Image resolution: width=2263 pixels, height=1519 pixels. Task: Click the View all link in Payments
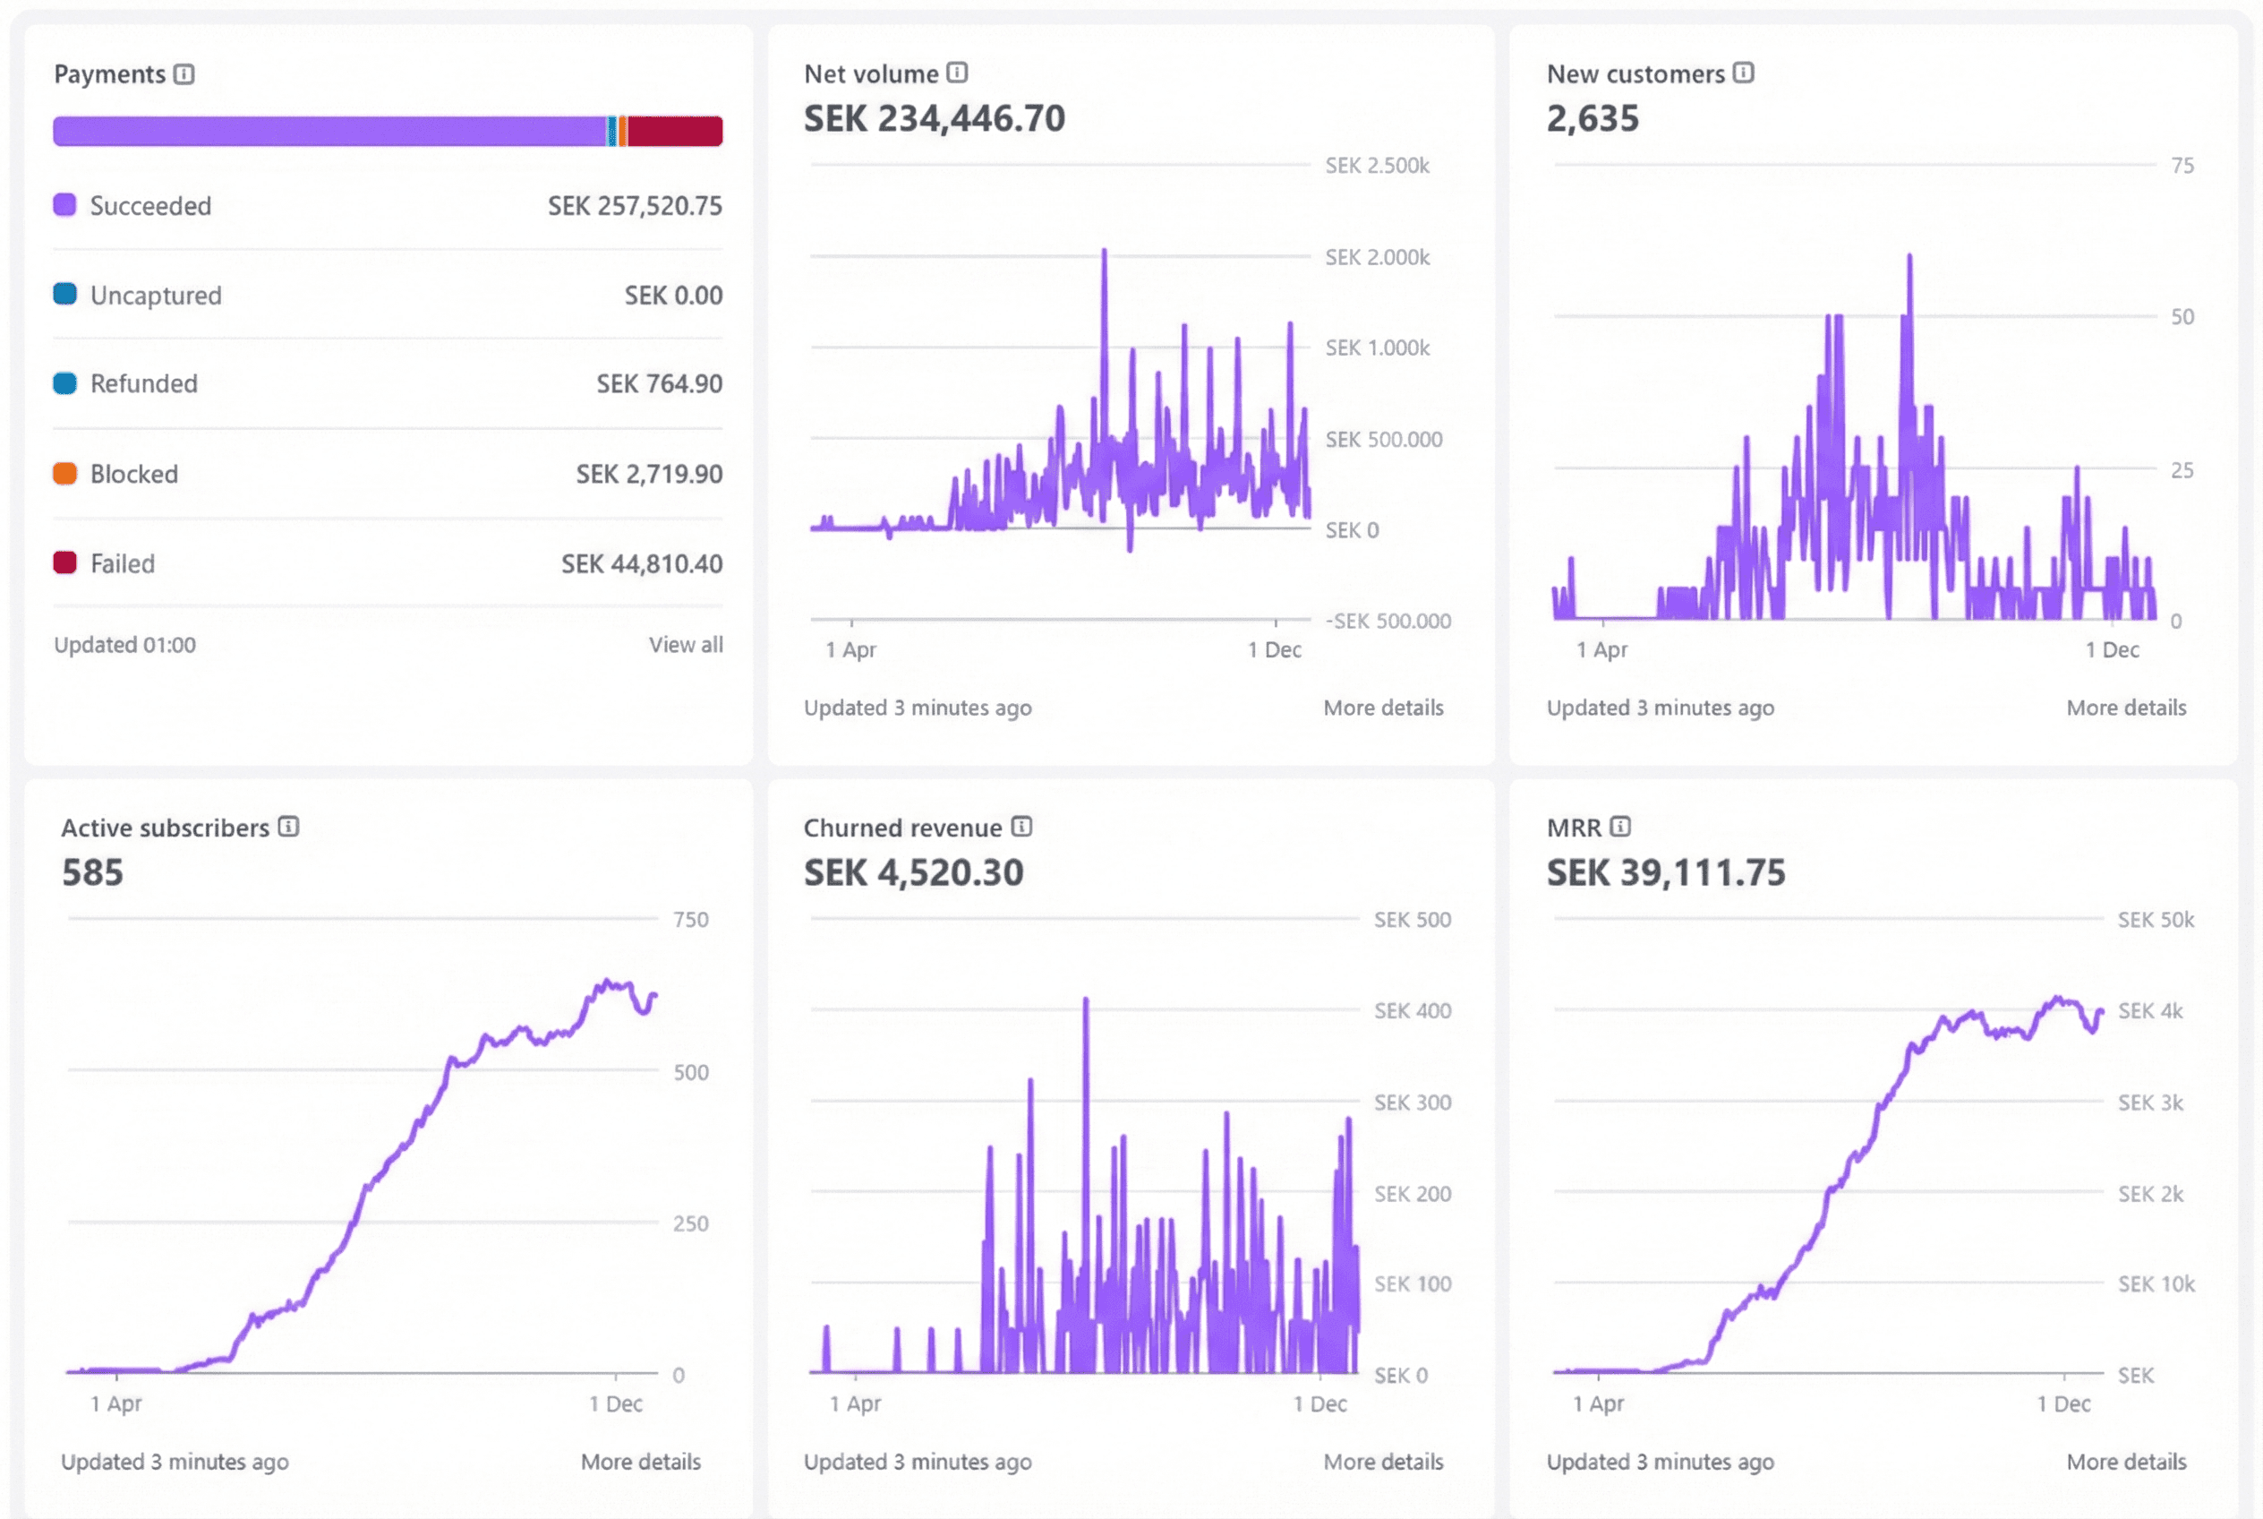point(685,645)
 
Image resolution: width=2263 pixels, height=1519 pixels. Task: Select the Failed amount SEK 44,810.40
point(641,564)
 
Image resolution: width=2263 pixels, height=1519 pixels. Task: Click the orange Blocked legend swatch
point(64,474)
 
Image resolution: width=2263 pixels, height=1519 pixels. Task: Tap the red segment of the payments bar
point(675,132)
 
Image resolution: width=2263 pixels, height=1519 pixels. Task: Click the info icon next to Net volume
point(957,73)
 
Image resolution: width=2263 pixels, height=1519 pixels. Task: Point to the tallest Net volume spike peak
point(1104,252)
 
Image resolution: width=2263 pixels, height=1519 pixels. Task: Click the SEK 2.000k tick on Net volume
point(1376,258)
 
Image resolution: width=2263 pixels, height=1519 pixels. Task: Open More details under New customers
point(2125,708)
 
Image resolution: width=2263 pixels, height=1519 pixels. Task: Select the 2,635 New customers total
point(1592,118)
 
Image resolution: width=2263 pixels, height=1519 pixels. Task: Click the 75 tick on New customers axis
point(2182,166)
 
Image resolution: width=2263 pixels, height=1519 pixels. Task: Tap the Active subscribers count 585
point(93,871)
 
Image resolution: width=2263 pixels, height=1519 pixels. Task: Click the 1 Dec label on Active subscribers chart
point(616,1403)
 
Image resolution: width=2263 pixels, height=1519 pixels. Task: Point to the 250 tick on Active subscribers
point(690,1223)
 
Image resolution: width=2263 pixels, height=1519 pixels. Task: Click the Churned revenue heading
point(902,828)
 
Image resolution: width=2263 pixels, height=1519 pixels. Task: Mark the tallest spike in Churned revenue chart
point(1086,1000)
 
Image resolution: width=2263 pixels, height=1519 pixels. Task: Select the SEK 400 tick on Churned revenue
point(1412,1011)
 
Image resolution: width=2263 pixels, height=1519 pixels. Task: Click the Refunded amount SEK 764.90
point(659,384)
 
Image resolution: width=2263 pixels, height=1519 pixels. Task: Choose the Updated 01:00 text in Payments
point(125,645)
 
